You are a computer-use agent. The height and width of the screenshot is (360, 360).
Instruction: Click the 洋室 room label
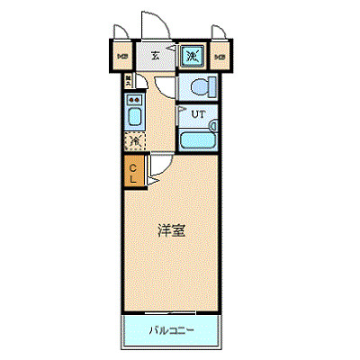pos(173,230)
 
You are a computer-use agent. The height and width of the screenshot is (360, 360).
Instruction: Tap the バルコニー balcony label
pos(170,330)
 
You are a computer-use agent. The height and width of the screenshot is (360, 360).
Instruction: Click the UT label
pos(201,114)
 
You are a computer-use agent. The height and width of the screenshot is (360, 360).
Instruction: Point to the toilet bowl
pos(197,86)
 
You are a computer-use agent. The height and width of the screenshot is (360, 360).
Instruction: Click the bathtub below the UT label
pos(195,140)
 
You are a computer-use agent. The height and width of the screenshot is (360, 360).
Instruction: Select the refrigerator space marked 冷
pos(134,141)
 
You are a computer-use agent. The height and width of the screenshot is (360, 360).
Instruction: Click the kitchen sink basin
pos(133,118)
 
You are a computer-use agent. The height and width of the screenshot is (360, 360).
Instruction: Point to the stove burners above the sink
pos(133,100)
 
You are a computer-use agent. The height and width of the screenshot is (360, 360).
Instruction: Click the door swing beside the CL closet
pos(155,166)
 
